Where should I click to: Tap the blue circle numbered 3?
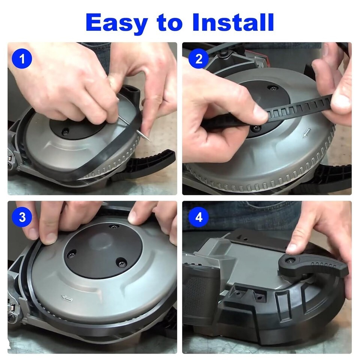pos(22,217)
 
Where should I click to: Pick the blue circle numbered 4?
pos(199,217)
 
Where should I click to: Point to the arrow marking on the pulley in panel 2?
pos(306,133)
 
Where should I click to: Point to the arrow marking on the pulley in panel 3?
pos(67,298)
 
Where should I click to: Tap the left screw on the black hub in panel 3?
pos(71,254)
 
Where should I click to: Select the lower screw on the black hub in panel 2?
pos(255,128)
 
